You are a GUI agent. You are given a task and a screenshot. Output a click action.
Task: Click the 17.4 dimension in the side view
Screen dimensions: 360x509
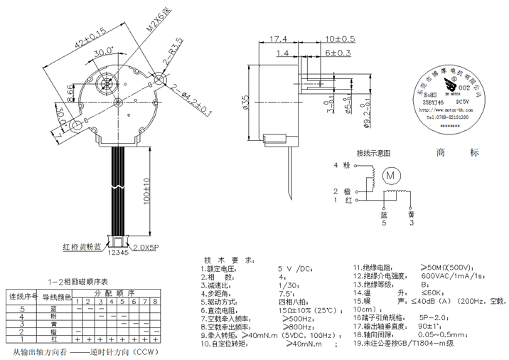point(278,38)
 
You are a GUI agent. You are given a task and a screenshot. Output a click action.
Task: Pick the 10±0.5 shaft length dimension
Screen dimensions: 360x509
point(340,38)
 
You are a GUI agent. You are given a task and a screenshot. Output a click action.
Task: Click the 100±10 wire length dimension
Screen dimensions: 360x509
point(146,190)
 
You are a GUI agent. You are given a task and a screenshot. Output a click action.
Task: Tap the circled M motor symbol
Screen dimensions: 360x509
point(390,175)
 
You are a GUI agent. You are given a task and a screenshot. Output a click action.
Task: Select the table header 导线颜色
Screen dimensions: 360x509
point(57,297)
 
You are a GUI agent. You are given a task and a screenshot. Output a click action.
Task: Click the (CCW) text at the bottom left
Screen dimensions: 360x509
point(145,351)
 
